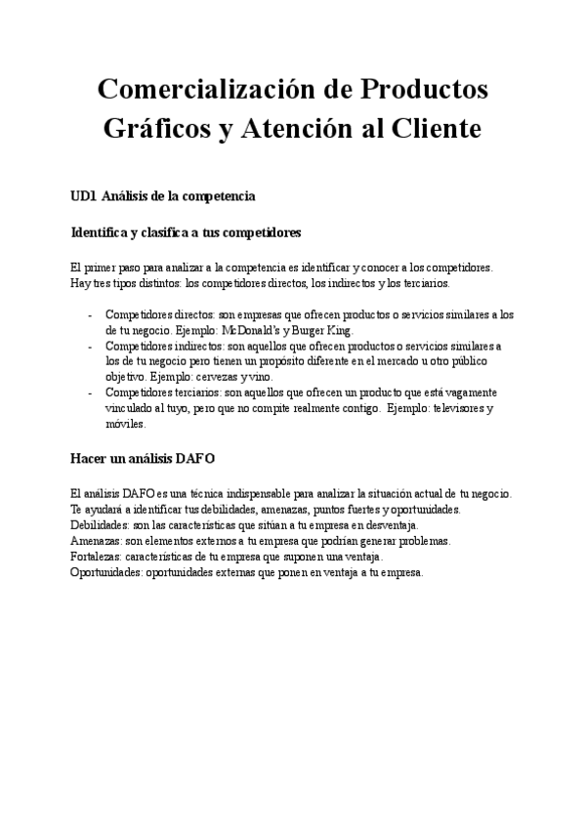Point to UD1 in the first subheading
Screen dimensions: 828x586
point(84,196)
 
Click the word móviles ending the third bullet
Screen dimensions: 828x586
point(124,424)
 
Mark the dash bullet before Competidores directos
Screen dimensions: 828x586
point(91,315)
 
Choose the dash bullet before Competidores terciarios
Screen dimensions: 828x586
point(91,392)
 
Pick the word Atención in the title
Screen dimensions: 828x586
point(302,128)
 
